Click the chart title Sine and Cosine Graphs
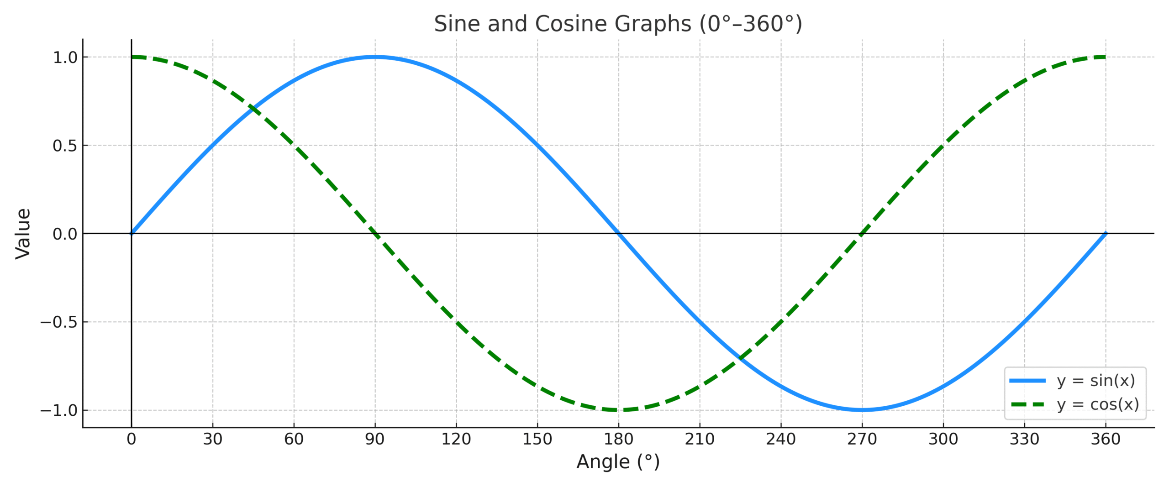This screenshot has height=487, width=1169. tap(617, 24)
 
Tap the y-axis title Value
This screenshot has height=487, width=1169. tap(23, 234)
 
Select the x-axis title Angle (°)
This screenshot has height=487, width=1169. tap(618, 461)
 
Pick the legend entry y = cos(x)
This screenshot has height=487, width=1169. tap(1098, 404)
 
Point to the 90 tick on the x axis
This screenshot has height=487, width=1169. tap(375, 439)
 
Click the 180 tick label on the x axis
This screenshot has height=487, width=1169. tap(618, 439)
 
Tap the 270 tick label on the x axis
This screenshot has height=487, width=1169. tap(862, 439)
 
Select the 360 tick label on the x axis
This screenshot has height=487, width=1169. tap(1106, 439)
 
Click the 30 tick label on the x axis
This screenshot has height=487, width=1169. tap(213, 439)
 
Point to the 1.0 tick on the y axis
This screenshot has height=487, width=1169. tap(65, 58)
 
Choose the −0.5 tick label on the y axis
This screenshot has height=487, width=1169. tap(59, 322)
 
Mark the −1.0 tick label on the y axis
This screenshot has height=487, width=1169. tap(59, 410)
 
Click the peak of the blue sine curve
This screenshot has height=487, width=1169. tap(375, 57)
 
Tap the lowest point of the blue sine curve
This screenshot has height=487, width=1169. tap(862, 410)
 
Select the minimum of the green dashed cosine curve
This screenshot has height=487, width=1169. tap(618, 410)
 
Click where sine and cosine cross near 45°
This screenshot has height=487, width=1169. tap(253, 109)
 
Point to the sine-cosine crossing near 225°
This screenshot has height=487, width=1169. tap(740, 358)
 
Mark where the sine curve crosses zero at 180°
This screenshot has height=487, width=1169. tap(618, 234)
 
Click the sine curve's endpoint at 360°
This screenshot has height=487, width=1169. tap(1106, 234)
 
